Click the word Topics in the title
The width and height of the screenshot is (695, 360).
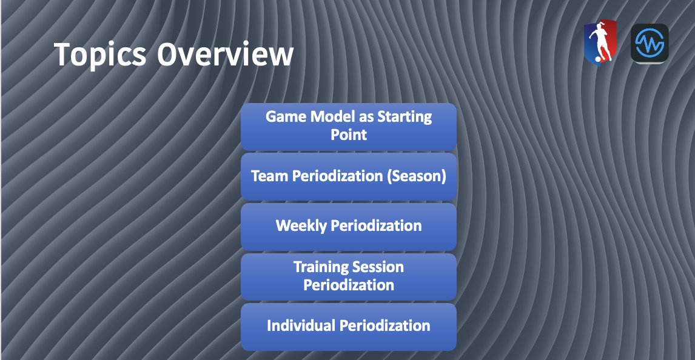coord(100,54)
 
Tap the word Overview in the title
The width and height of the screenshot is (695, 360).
coord(226,54)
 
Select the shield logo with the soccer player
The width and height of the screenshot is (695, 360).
coord(599,42)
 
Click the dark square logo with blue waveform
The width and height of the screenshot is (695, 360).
coord(650,44)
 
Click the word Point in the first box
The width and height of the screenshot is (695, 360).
coord(349,135)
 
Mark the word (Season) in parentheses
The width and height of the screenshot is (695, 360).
coord(418,176)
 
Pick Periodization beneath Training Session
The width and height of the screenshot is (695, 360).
coord(349,285)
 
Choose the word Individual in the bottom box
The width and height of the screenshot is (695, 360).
coord(301,325)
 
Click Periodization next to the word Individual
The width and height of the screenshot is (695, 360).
coord(384,325)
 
